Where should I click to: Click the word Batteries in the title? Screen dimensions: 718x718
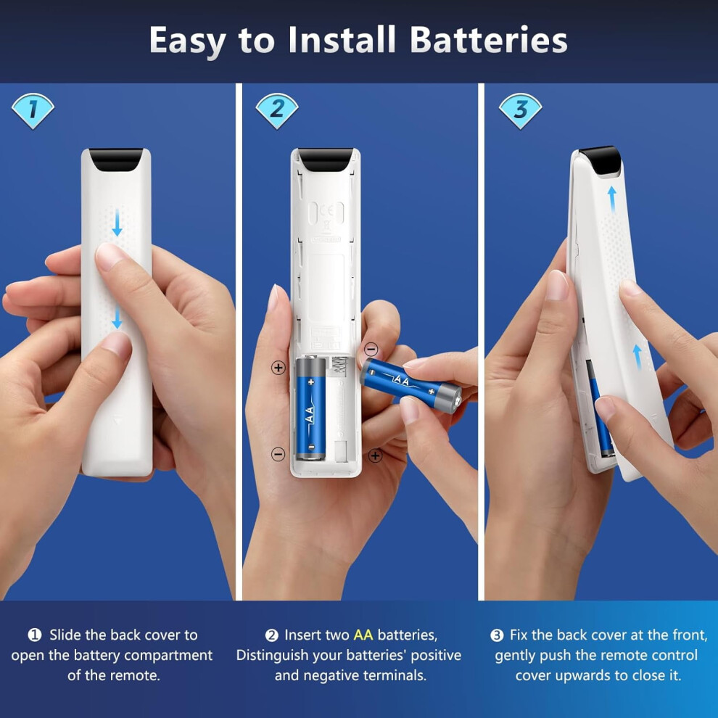click(x=489, y=40)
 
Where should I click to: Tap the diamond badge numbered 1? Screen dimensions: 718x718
click(x=33, y=110)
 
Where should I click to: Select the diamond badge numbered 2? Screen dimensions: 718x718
click(x=277, y=110)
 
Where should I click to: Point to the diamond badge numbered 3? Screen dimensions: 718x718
click(x=520, y=110)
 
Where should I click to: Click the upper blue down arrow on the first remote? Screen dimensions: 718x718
click(x=117, y=223)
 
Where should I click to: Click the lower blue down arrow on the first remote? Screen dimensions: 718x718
click(x=117, y=318)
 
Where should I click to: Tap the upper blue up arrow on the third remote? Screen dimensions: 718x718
click(x=612, y=199)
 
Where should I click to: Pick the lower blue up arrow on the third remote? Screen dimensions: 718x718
click(x=637, y=357)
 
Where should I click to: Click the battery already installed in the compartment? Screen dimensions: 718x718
click(x=311, y=408)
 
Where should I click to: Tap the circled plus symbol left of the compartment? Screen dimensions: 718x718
click(x=278, y=367)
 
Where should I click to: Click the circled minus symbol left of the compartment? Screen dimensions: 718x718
click(x=278, y=454)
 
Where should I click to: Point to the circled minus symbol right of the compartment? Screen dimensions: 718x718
click(x=371, y=350)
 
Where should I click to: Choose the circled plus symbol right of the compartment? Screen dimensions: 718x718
click(x=376, y=455)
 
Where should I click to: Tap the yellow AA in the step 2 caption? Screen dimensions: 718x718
click(x=363, y=635)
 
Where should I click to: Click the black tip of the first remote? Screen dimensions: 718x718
click(x=116, y=160)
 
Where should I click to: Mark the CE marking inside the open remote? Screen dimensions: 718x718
click(x=326, y=212)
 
